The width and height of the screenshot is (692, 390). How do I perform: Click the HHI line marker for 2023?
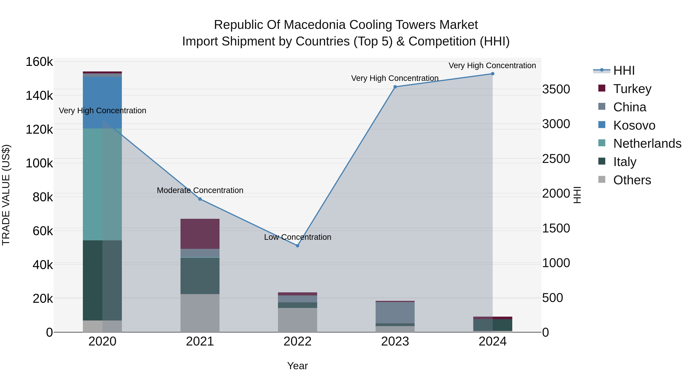(395, 87)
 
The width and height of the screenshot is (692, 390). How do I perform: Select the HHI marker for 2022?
(297, 246)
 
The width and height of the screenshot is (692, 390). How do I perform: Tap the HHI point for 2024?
(492, 74)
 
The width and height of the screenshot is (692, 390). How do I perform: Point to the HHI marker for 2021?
(200, 199)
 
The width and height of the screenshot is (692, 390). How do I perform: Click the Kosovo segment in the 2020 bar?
(102, 102)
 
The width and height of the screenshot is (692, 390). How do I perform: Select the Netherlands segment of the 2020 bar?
(102, 184)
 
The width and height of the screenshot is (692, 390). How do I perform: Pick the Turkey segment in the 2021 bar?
(200, 234)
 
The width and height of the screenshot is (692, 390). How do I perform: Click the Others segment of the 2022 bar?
(297, 320)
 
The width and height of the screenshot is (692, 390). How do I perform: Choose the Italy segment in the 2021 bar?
(200, 276)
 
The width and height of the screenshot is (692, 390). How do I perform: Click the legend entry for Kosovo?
(634, 125)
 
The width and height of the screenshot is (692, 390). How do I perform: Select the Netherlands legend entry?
(647, 144)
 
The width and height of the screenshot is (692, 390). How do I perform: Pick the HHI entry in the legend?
(624, 70)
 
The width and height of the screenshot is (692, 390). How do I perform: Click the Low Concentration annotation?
(297, 237)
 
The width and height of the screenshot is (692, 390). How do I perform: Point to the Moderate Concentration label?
(200, 190)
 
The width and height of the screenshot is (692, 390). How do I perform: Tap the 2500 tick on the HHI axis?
(556, 159)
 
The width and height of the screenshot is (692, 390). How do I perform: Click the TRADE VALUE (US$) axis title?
(6, 195)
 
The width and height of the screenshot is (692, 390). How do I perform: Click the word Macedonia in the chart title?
(314, 25)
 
